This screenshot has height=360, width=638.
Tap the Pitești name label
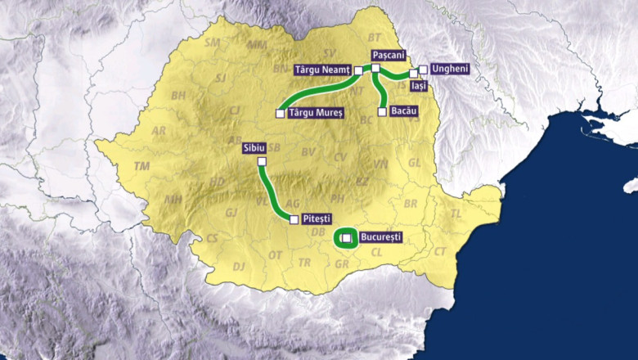tap(317, 219)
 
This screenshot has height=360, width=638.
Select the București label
tap(381, 237)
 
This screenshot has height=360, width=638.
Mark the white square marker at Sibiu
tap(263, 162)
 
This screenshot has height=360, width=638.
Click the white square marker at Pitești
tap(294, 219)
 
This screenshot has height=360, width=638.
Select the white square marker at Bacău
tap(382, 111)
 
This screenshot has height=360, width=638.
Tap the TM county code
tap(142, 166)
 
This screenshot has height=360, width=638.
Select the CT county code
tap(441, 252)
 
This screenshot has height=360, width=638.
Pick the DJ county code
tap(239, 267)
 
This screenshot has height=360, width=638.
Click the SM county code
tap(213, 42)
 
